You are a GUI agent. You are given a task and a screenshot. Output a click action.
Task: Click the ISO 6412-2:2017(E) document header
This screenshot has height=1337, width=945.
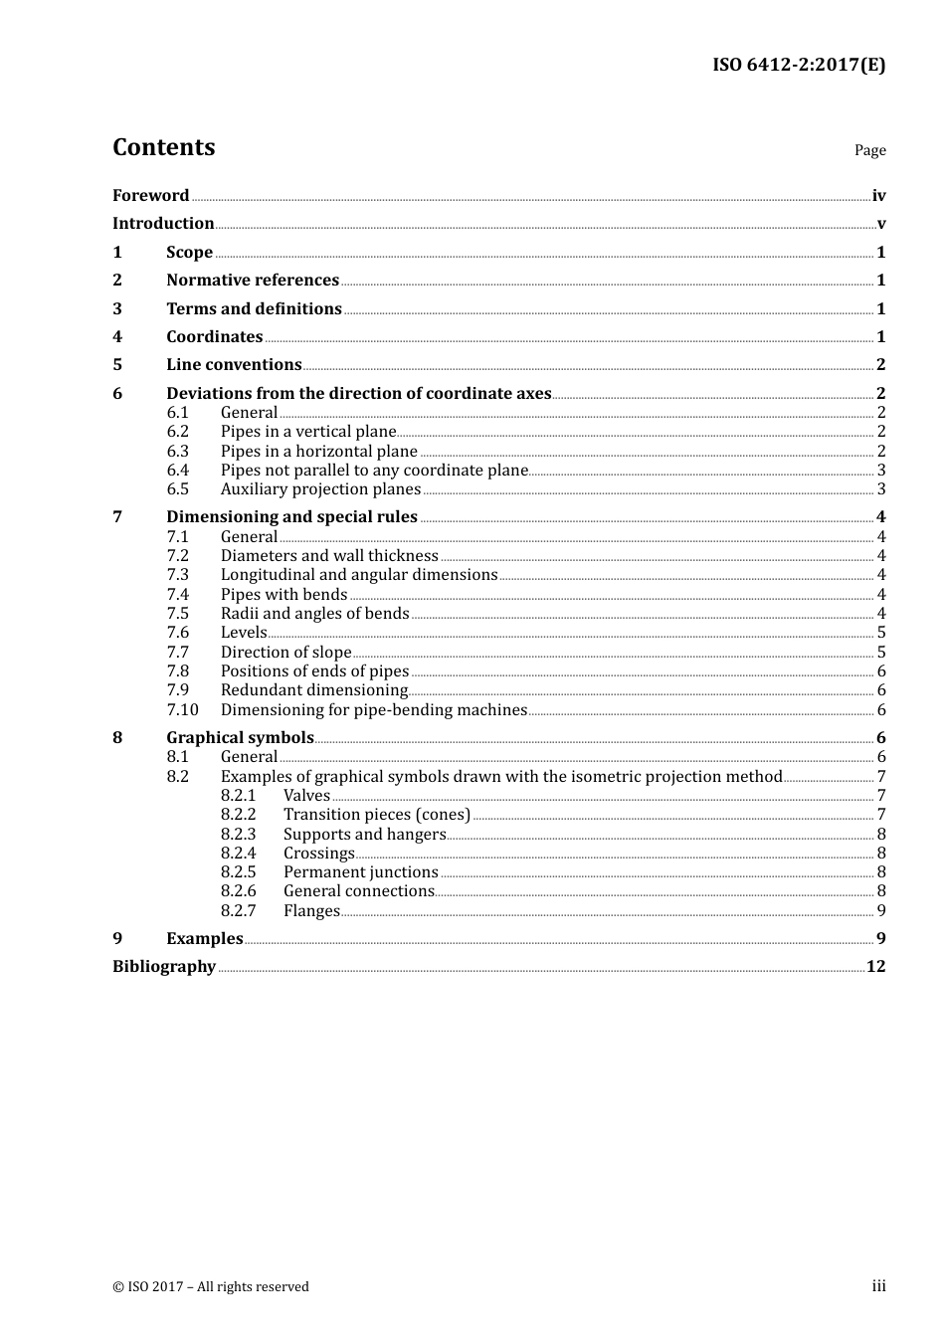tap(798, 65)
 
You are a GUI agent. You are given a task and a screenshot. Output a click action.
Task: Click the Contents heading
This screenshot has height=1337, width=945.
tap(163, 147)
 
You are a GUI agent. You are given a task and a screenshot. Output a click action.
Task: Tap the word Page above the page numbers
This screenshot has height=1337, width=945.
tap(869, 150)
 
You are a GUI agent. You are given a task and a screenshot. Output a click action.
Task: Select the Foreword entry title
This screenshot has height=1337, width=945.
tap(150, 195)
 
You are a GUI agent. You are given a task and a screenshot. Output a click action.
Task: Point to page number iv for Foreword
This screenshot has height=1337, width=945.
tap(878, 196)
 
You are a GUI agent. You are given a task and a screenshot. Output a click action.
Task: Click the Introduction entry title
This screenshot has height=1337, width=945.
tap(163, 223)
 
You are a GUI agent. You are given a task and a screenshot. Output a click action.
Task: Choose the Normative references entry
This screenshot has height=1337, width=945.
tap(253, 281)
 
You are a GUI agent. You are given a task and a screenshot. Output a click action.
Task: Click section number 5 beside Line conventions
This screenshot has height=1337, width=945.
tap(117, 365)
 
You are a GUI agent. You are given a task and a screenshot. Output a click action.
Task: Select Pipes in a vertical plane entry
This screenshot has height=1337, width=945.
tap(308, 432)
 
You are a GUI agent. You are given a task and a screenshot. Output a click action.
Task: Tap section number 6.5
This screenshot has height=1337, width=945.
tap(178, 489)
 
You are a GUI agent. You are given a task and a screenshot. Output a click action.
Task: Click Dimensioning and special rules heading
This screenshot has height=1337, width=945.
tap(291, 517)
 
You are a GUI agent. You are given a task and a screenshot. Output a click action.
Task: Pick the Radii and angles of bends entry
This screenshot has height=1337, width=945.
tap(314, 614)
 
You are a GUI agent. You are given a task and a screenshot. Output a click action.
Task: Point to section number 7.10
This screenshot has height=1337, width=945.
tap(182, 710)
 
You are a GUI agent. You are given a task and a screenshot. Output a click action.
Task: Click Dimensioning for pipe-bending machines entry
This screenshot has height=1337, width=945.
tap(374, 710)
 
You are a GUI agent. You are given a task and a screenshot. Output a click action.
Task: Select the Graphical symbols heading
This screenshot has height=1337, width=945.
tap(240, 738)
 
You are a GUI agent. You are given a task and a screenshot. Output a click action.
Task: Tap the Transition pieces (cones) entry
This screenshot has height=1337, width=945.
tap(377, 815)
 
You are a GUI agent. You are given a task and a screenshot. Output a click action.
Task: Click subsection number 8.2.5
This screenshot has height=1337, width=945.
tap(238, 872)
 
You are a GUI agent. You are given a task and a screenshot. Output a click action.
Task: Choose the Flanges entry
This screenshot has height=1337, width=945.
tap(311, 911)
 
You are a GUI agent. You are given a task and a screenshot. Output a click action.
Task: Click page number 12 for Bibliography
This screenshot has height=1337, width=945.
tap(875, 967)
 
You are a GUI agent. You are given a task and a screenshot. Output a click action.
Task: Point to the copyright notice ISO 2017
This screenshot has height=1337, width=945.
tap(211, 1286)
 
